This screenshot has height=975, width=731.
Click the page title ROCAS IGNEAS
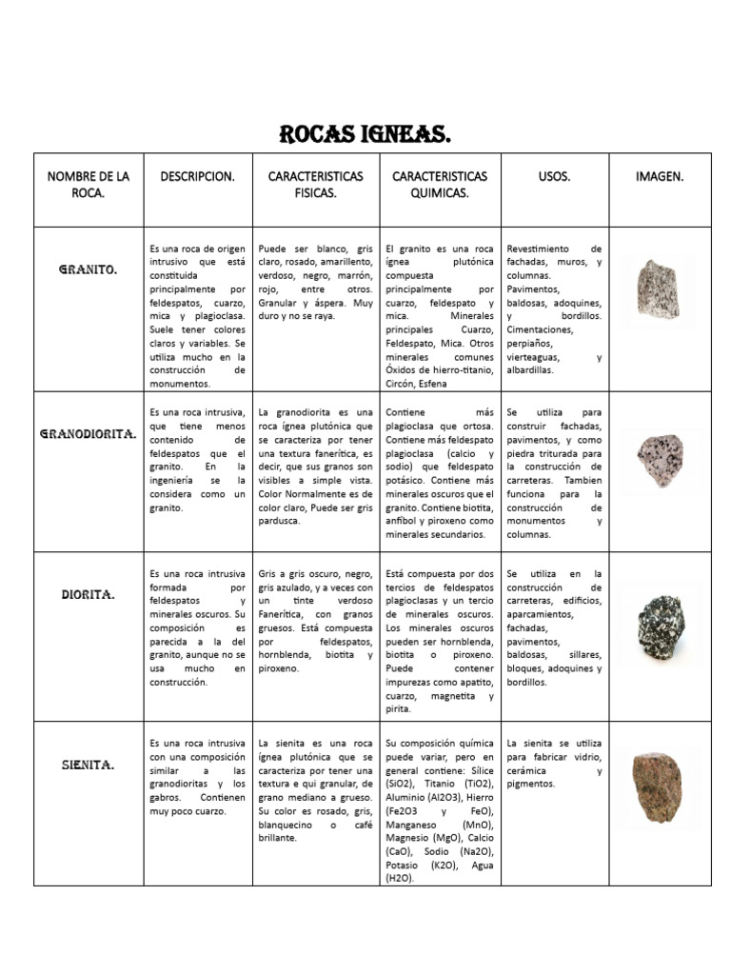365,134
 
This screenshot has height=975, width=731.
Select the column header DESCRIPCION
198,176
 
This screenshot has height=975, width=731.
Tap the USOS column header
554,176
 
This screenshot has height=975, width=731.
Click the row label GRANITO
89,269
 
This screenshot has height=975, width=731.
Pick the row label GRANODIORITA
89,434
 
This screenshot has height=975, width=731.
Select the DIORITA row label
89,594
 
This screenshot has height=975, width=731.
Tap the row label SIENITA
89,764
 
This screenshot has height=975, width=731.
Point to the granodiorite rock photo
661,460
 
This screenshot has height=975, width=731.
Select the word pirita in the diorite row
399,709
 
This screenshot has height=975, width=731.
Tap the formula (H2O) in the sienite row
400,878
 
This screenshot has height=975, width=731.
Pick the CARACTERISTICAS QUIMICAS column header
440,185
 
